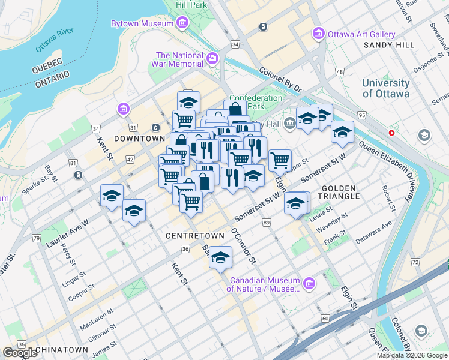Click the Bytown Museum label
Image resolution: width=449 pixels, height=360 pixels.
coord(143,24)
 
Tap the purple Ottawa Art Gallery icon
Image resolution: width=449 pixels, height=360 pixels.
coord(318,34)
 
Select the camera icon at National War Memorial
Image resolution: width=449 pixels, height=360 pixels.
coord(212,59)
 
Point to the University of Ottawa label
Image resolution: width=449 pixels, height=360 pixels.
coord(385,88)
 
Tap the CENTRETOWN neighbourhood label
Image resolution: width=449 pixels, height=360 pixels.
coord(194,236)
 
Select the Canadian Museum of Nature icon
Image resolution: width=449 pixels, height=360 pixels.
coord(309,283)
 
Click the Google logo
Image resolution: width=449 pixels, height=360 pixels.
coord(20,353)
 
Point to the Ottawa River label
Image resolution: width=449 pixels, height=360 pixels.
coord(54,39)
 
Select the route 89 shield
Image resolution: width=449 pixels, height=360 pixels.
coord(266,223)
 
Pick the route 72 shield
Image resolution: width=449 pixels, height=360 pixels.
coord(415,262)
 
